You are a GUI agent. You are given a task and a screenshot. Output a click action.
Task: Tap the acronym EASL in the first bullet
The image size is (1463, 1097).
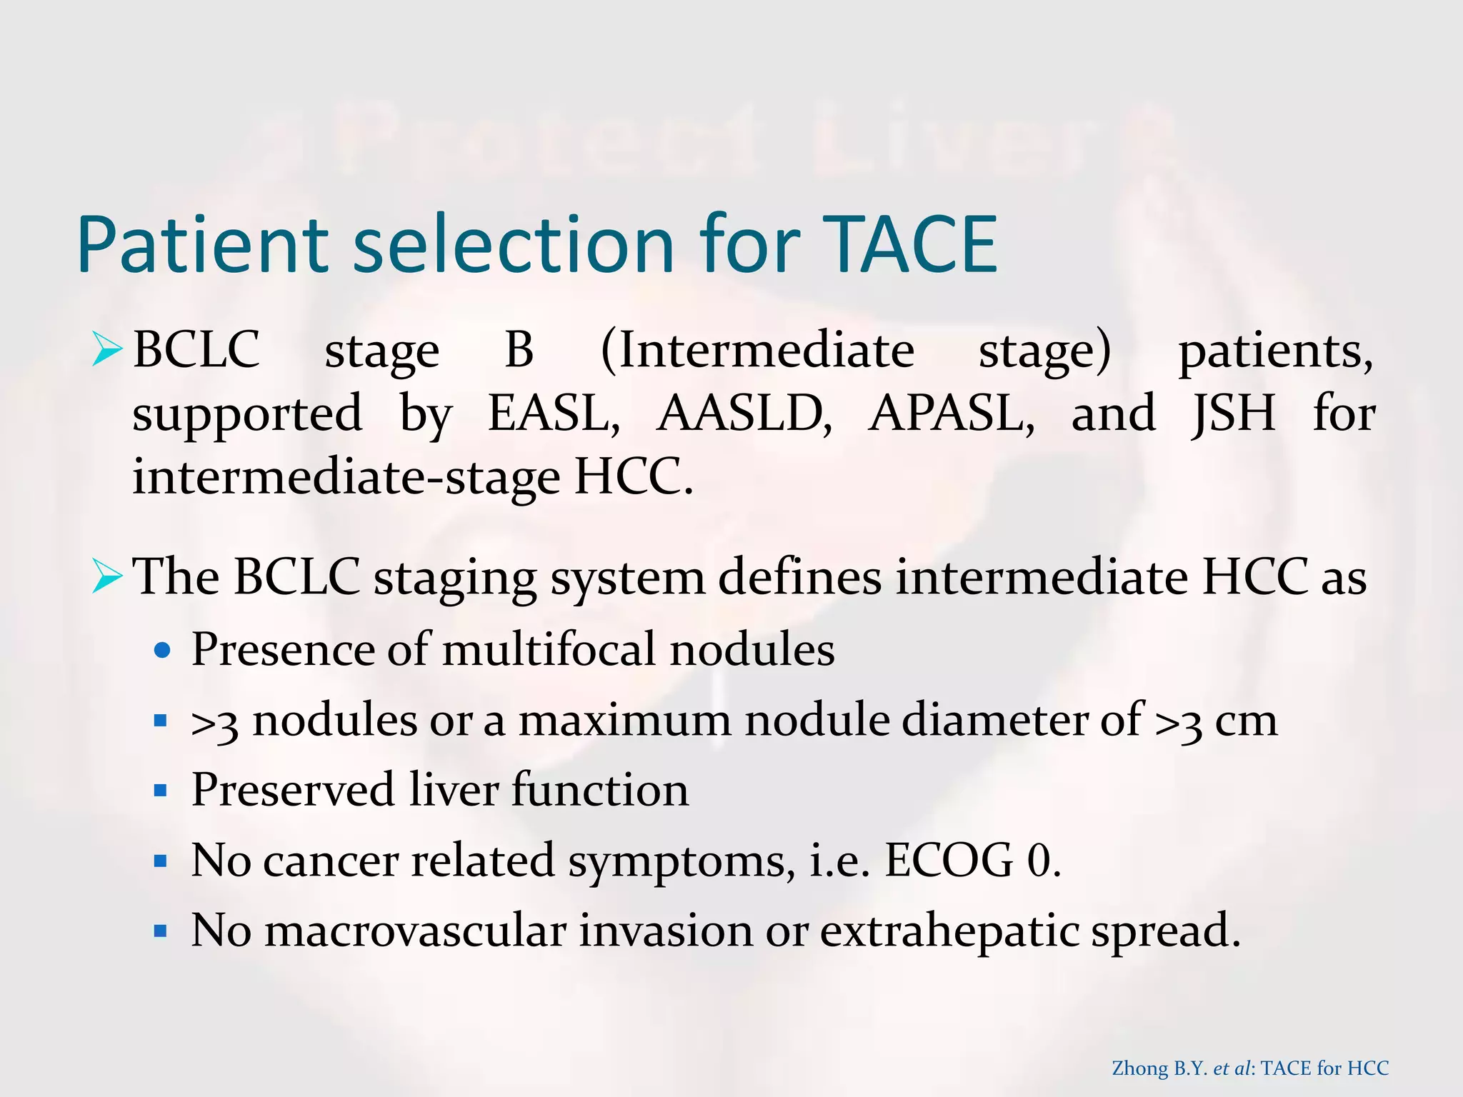click(x=554, y=413)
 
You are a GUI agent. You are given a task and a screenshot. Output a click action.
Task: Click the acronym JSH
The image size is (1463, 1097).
click(x=1234, y=413)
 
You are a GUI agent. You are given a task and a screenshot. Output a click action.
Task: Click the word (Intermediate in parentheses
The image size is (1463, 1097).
click(x=757, y=351)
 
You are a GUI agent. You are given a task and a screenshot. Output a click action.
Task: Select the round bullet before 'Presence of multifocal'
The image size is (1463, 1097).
click(x=163, y=651)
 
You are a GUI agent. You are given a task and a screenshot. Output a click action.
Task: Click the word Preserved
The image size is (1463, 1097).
click(x=293, y=790)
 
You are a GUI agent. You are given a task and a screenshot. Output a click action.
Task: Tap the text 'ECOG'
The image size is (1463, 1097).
click(x=949, y=861)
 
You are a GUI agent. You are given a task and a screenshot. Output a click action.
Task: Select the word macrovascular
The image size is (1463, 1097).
click(x=415, y=931)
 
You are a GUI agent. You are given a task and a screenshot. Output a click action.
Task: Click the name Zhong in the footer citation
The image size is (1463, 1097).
click(x=1140, y=1068)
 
